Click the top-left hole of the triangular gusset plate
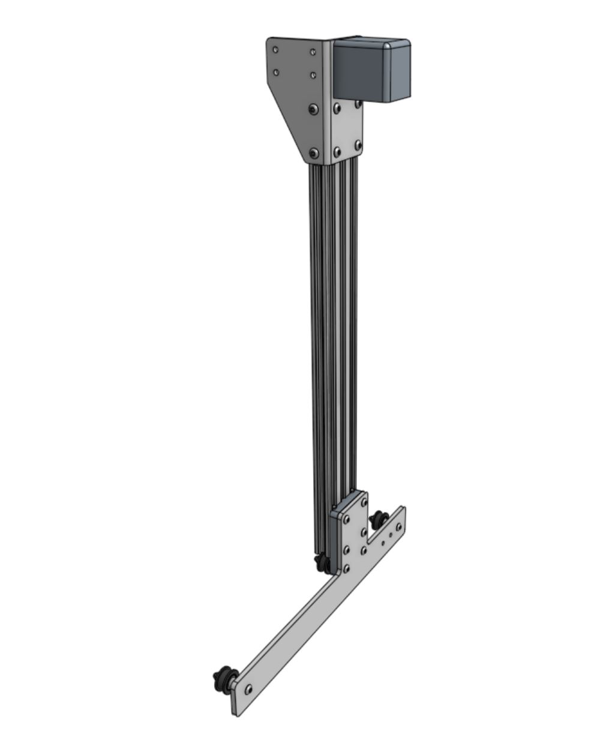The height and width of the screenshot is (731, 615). tap(275, 50)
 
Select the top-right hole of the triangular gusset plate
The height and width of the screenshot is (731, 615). tap(313, 52)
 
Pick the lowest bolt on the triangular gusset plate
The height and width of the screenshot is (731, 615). tap(314, 154)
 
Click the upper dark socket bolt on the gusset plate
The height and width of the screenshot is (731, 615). tap(313, 109)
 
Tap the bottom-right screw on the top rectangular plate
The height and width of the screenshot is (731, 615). tap(358, 145)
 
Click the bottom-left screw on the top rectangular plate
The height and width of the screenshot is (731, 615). tap(337, 150)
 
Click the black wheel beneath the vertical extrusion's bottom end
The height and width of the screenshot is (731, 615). tap(322, 562)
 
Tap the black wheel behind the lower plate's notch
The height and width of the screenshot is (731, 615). tap(379, 519)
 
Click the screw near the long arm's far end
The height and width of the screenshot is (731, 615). tap(248, 688)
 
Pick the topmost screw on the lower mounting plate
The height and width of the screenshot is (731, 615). tap(364, 501)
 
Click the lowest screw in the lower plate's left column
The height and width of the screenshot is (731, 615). tap(346, 568)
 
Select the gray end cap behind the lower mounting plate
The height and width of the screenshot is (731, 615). tap(336, 528)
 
